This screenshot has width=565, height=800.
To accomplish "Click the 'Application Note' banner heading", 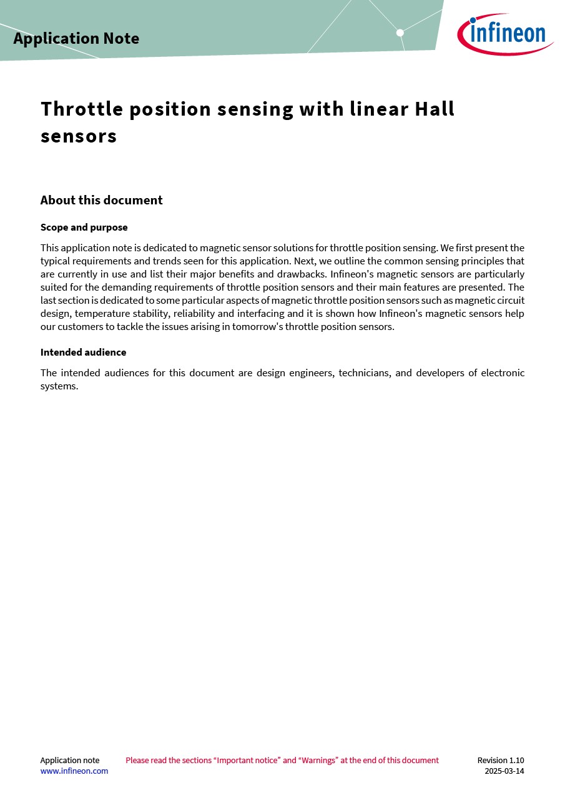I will tap(76, 39).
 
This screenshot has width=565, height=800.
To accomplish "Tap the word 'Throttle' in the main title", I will tap(82, 109).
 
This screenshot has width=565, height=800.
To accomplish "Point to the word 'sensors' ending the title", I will tap(79, 136).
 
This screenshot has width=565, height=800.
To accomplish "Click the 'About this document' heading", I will tap(101, 200).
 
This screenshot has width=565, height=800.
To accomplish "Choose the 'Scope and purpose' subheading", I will tap(84, 227).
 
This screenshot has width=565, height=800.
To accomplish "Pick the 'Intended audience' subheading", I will tap(83, 352).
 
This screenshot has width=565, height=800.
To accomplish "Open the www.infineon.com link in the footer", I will tap(74, 771).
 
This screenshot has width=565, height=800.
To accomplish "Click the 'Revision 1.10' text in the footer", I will tap(501, 761).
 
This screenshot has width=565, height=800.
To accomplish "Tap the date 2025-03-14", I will tap(504, 771).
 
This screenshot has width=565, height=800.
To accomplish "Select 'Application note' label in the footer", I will tap(70, 761).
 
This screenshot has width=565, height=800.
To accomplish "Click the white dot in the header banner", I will tap(400, 32).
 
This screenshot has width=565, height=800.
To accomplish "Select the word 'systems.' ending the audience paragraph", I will tap(59, 386).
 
